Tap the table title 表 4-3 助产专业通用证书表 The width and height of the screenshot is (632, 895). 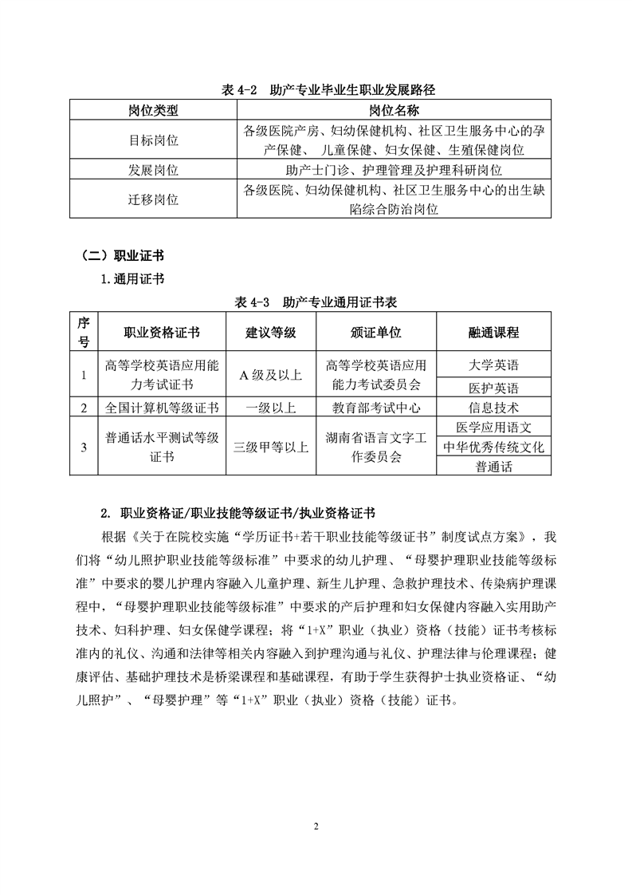(316, 303)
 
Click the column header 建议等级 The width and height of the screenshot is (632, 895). (271, 332)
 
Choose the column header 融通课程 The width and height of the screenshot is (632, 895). (493, 332)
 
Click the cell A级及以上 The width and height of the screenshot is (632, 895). (271, 375)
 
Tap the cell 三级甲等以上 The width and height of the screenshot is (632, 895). (271, 447)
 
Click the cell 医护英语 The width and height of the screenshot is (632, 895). (493, 388)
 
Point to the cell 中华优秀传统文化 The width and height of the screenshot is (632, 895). (493, 447)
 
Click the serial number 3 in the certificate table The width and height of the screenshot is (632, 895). (83, 447)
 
